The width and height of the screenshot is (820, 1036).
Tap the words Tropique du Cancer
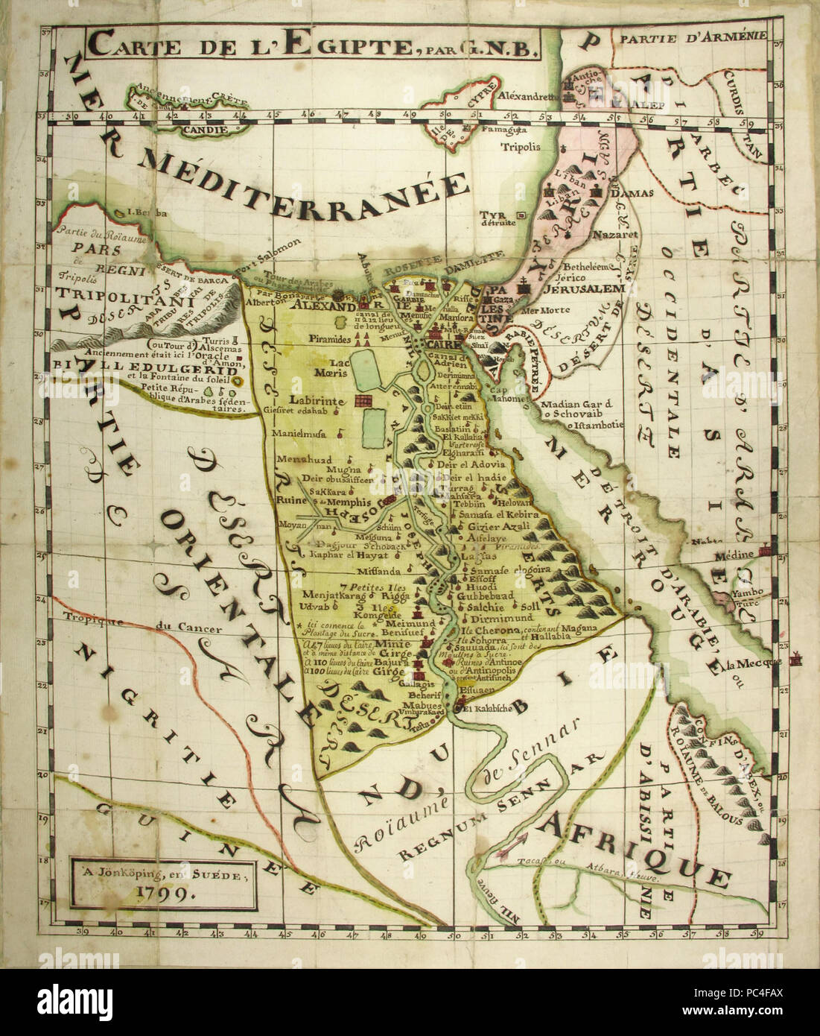click(x=142, y=627)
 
